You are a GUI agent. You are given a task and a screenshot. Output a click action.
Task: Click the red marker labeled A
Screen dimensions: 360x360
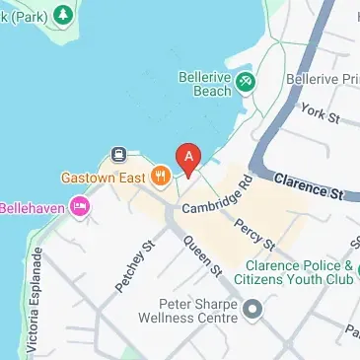click(187, 156)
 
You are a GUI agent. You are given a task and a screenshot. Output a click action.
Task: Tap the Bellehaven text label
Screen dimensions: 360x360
click(33, 207)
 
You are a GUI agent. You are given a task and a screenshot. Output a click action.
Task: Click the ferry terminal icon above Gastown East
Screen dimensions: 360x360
click(119, 154)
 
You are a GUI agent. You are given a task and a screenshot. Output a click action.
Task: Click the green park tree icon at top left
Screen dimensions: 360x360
click(62, 15)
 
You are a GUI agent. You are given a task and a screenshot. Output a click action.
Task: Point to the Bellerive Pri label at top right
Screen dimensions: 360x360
click(321, 77)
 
